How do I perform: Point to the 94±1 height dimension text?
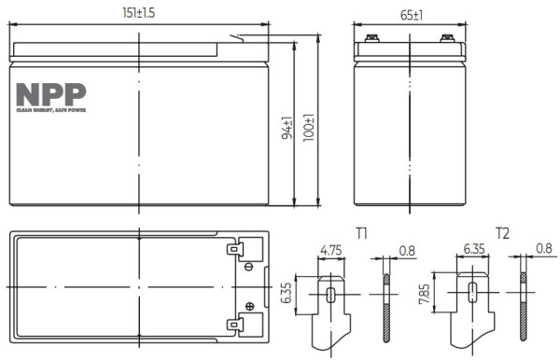pos(287,129)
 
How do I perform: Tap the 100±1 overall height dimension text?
pos(309,129)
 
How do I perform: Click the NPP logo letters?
pos(51,94)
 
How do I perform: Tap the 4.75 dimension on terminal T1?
pos(330,251)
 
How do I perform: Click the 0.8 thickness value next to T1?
pos(407,251)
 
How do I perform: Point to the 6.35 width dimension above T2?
pos(473,251)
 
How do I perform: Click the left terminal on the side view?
pos(371,39)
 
